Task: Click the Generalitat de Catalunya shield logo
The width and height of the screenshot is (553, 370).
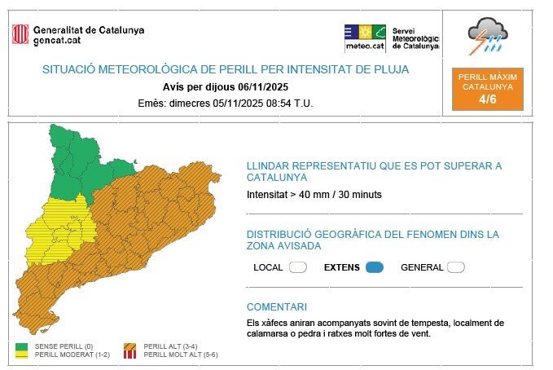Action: (x=20, y=34)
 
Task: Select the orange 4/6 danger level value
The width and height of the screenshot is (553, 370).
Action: (x=487, y=99)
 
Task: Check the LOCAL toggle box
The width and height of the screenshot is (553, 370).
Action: (x=297, y=267)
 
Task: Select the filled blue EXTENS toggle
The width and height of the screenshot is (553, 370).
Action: (x=374, y=267)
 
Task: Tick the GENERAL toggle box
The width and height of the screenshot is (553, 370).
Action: (x=455, y=267)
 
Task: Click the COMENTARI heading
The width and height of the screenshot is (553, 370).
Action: (x=277, y=307)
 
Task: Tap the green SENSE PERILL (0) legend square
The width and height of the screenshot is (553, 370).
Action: (x=22, y=347)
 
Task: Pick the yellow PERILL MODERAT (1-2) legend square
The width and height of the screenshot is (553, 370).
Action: (x=22, y=355)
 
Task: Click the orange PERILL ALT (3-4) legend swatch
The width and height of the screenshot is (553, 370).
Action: (x=129, y=347)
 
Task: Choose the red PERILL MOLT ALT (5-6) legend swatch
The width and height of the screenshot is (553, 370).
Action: (x=129, y=355)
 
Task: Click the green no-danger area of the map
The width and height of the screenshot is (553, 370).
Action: (x=81, y=159)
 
